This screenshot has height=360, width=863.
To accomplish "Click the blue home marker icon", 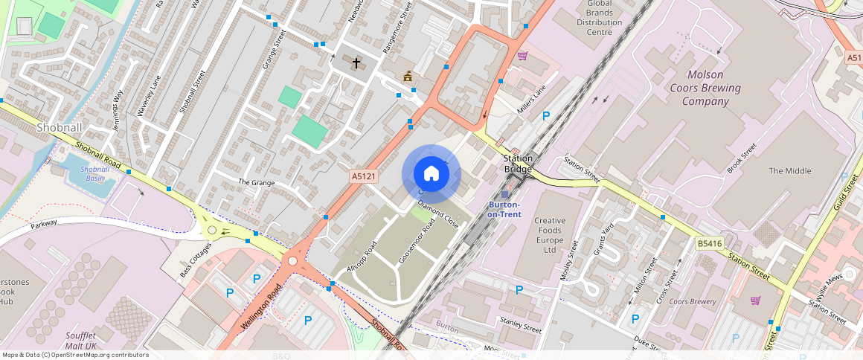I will pos(431,174).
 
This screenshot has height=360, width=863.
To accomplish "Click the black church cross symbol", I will pos(356,63).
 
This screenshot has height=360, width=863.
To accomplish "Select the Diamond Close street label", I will pos(438,213).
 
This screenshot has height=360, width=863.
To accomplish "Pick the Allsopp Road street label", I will pos(362,257).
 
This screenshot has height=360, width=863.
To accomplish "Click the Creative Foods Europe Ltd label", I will pos(550,235).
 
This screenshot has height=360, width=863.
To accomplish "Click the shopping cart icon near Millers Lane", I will pos(522,55).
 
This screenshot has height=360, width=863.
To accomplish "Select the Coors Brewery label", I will pos(692,302).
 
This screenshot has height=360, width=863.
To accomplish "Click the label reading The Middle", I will pos(789,171).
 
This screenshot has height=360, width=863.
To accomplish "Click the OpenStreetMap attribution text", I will pos(75,355).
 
